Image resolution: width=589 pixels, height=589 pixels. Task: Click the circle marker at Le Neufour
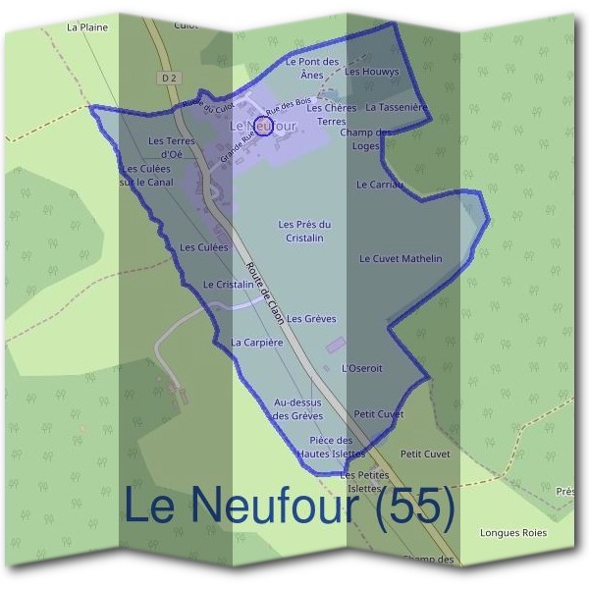[262, 126]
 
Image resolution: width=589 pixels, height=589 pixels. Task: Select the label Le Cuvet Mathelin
[401, 259]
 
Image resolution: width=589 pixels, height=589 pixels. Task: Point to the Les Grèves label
[311, 319]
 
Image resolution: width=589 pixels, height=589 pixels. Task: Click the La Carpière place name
[256, 343]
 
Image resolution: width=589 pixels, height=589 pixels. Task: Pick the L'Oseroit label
[360, 368]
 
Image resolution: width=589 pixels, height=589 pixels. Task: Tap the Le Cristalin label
[229, 284]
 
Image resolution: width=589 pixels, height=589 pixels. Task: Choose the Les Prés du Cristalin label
[304, 231]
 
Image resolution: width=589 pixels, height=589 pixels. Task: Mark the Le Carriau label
[379, 184]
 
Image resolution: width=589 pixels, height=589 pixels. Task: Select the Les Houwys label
[374, 72]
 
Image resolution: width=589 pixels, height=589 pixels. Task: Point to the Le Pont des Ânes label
[311, 68]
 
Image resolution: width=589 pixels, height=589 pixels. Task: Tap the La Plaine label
[87, 27]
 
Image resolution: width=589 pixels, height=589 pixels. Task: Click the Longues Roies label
[512, 533]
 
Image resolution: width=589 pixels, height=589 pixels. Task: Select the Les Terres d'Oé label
[172, 147]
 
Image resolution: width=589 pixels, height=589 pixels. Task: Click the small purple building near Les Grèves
[336, 346]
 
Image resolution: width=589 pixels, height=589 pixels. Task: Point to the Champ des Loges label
[365, 139]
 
